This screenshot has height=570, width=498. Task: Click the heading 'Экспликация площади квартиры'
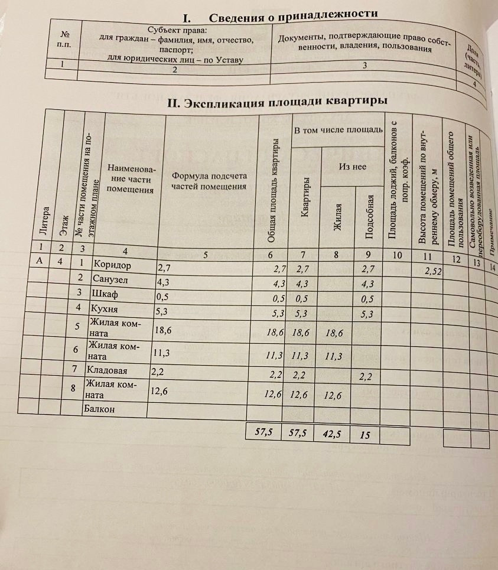278,102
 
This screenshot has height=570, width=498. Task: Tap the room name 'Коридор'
112,265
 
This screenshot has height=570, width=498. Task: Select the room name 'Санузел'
110,280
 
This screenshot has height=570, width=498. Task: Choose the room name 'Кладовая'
107,372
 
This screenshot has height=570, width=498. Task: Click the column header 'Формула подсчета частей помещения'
208,181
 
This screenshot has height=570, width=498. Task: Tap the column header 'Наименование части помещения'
131,180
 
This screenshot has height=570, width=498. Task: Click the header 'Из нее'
352,167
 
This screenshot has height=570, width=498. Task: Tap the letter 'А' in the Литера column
39,261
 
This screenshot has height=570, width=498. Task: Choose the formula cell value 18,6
162,330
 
